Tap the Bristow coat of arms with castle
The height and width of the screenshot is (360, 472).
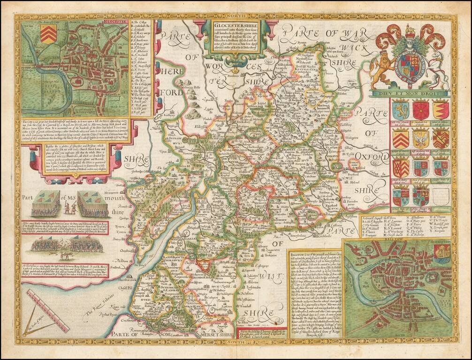click(441, 254)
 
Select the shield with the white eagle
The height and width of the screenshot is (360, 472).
click(420, 139)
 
